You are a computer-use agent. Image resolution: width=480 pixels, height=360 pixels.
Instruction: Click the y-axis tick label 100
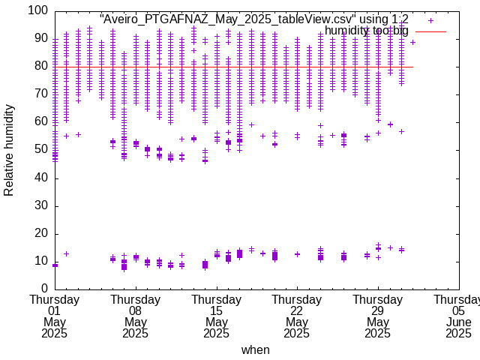click(38, 11)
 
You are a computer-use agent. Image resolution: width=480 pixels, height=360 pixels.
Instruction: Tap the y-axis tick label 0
click(44, 289)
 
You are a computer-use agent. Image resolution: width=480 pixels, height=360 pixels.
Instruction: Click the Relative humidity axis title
click(9, 150)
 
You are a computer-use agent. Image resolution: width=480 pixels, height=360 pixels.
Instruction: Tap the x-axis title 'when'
click(255, 349)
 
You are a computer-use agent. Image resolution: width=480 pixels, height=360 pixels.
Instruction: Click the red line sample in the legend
click(430, 31)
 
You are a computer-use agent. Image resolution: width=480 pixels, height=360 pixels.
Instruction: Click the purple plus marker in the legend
click(430, 20)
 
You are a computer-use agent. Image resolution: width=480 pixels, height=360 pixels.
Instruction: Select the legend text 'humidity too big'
click(367, 31)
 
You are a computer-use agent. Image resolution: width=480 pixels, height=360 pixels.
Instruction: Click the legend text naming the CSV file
click(254, 19)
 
